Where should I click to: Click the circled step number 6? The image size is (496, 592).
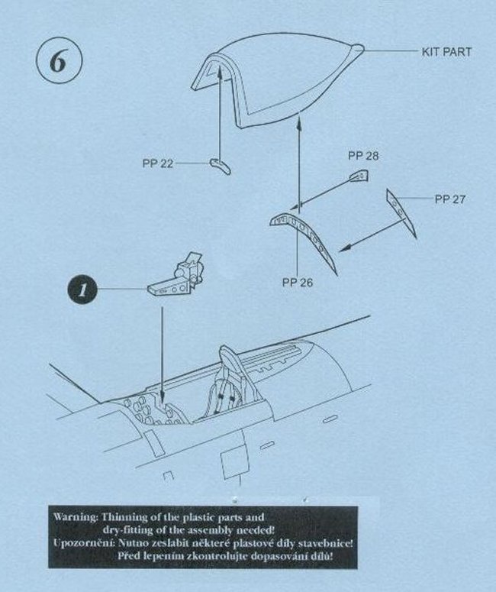pos(59,62)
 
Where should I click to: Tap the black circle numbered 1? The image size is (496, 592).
pos(82,290)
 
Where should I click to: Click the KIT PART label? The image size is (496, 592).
pos(446,52)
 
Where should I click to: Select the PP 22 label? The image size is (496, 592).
pos(158,163)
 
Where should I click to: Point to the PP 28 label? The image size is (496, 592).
pos(363,156)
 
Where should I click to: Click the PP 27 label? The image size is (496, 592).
pos(450,199)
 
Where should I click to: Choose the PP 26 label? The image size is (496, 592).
pos(298,283)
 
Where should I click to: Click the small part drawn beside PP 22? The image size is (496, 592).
pos(220,166)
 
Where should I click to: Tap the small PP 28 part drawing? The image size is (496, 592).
pos(359,176)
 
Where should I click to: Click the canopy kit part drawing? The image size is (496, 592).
pos(281,79)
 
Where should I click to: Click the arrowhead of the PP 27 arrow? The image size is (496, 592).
pos(344,247)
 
